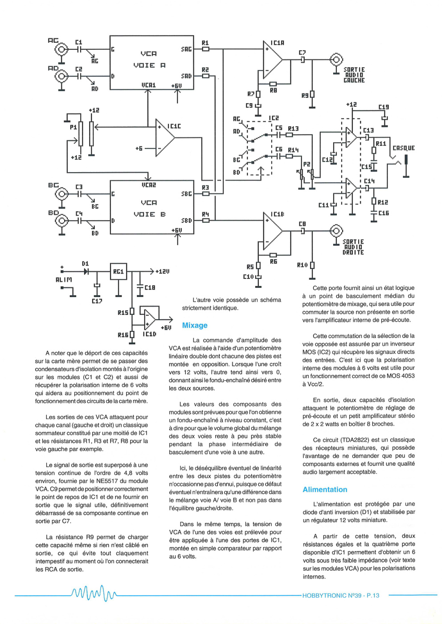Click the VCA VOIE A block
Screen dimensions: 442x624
point(151,62)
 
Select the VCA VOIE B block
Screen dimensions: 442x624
point(152,207)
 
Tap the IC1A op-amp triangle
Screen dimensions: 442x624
point(273,60)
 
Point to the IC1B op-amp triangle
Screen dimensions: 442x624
point(273,231)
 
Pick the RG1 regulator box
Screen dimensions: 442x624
point(119,271)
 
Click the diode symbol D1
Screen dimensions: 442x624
point(86,271)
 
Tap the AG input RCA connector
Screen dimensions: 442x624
point(61,49)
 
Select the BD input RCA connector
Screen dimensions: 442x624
point(61,221)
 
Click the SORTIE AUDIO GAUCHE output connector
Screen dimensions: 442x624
point(336,60)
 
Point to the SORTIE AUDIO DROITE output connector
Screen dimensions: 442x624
point(336,231)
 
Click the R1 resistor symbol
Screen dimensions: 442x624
point(206,49)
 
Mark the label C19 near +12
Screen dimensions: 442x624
point(384,107)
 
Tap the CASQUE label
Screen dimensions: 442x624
point(404,148)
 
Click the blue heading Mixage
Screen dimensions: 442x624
point(195,326)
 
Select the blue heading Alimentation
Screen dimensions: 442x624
point(325,489)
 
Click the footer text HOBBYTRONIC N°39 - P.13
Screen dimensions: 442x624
point(341,595)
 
